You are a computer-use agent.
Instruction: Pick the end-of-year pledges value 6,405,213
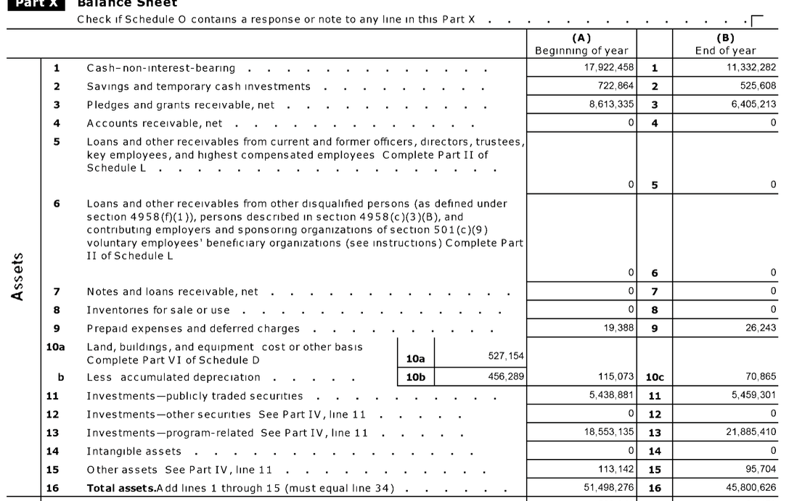pos(753,104)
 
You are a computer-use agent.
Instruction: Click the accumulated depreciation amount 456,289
pos(505,377)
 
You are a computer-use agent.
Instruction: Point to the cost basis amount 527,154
pos(505,356)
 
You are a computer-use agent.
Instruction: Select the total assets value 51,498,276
pos(609,488)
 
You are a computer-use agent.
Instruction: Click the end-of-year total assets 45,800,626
pos(751,488)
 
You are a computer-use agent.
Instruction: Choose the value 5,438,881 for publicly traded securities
pos(611,396)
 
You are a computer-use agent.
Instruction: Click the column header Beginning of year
pos(581,51)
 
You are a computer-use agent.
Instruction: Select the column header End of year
pos(725,51)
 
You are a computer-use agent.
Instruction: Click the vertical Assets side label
pos(22,276)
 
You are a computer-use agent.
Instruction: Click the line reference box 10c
pos(655,378)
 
